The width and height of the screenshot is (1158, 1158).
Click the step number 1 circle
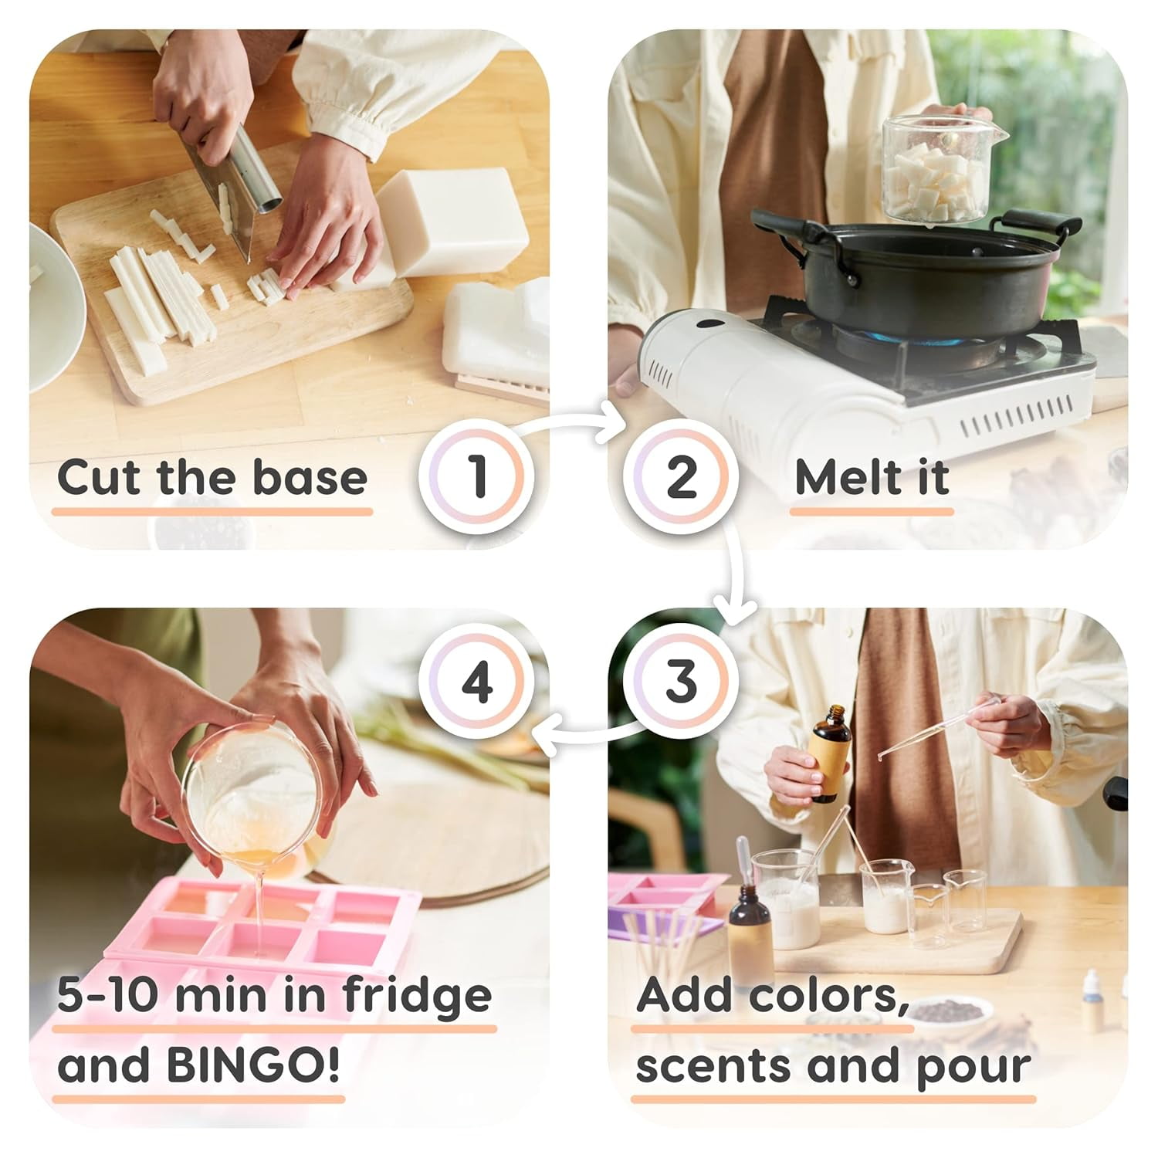tap(476, 476)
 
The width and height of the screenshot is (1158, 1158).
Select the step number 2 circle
tap(681, 476)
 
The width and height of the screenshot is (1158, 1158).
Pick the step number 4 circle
tap(476, 681)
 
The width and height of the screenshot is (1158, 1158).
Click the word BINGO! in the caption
tap(253, 1066)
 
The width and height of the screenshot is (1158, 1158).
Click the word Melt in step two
tap(848, 477)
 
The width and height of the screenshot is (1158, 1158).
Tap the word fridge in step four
tap(417, 996)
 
